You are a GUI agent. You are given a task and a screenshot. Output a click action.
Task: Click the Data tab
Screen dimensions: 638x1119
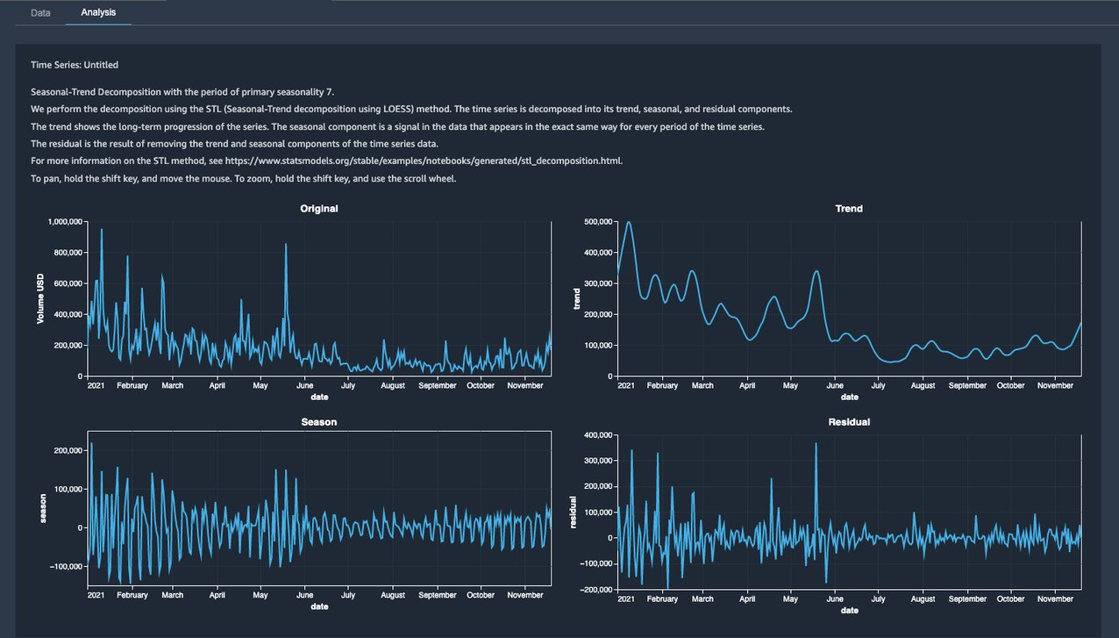pos(40,13)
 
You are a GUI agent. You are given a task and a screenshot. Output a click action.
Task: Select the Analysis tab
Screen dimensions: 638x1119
pos(98,13)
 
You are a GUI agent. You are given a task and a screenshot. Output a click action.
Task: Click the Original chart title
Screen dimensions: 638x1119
pos(319,209)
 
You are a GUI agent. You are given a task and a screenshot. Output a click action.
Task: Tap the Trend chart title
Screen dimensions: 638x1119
pos(849,209)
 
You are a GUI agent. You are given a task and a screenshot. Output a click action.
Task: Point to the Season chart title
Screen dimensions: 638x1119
pos(319,422)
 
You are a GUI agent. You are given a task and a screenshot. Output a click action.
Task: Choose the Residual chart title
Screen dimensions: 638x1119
pos(849,422)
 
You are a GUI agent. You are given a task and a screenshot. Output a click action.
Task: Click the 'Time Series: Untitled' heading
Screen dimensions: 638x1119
pos(75,65)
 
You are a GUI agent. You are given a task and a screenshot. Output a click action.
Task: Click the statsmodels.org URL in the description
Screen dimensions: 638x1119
pos(424,161)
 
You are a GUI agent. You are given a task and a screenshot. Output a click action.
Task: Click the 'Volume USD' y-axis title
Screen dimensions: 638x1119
pos(40,298)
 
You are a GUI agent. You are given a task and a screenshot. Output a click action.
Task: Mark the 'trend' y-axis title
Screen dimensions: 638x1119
pos(577,299)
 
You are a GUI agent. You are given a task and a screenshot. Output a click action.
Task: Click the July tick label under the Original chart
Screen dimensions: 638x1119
pos(348,385)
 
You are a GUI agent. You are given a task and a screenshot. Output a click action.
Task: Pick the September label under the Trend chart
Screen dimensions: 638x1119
pos(967,385)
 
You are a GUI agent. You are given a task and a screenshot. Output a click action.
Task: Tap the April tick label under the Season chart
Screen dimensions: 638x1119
pos(217,595)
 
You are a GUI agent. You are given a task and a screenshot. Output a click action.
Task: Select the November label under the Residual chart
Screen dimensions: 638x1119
pos(1055,599)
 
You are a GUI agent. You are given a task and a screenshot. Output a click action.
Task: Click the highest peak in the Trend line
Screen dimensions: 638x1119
pos(629,223)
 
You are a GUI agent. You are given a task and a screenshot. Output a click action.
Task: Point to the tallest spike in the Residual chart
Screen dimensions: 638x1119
pos(816,444)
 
